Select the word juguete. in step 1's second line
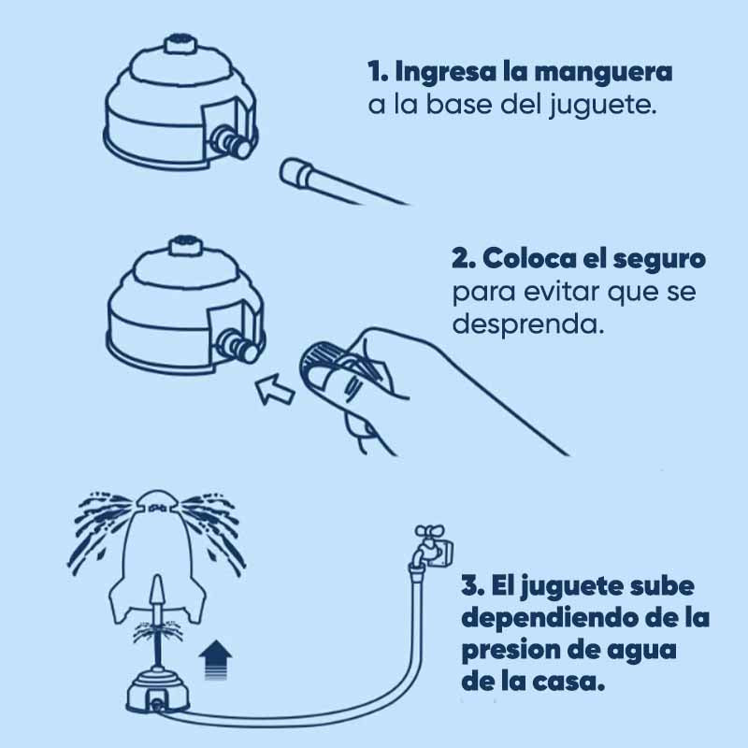click(602, 106)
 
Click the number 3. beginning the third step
click(473, 586)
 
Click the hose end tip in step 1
click(293, 173)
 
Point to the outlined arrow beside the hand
click(275, 388)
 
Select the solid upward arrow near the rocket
click(215, 659)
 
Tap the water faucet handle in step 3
click(429, 531)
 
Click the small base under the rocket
click(158, 691)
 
